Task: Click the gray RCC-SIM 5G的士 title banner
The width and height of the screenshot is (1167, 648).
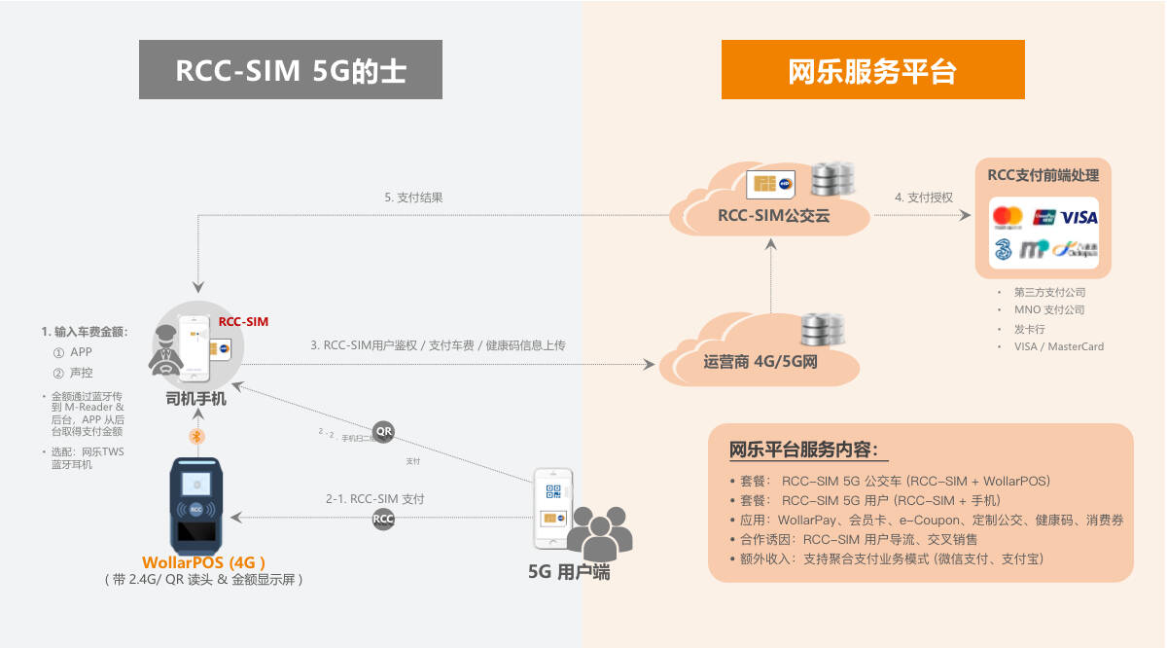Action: point(290,70)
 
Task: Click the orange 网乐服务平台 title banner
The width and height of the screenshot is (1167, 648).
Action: point(872,70)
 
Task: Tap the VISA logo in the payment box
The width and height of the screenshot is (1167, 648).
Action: point(1079,217)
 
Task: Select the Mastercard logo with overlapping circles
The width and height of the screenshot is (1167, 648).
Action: point(1008,217)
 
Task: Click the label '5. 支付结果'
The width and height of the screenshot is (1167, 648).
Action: point(413,198)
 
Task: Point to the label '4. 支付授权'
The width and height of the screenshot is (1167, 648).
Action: point(924,198)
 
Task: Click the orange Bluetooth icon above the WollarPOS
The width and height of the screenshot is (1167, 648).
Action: point(196,436)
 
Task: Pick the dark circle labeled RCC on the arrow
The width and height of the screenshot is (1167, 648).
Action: point(384,520)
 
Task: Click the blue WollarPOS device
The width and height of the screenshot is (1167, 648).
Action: point(196,504)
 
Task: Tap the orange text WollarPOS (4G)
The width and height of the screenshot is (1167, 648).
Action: point(203,562)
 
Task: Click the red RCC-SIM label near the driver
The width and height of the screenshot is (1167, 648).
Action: point(243,321)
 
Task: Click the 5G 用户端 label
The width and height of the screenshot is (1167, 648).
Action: point(569,572)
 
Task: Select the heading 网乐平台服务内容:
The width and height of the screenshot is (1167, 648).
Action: point(804,450)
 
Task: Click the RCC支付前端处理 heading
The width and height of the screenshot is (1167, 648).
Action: point(1043,176)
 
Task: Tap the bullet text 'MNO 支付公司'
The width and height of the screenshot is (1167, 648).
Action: point(1049,309)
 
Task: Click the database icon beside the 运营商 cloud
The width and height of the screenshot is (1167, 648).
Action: point(819,333)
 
